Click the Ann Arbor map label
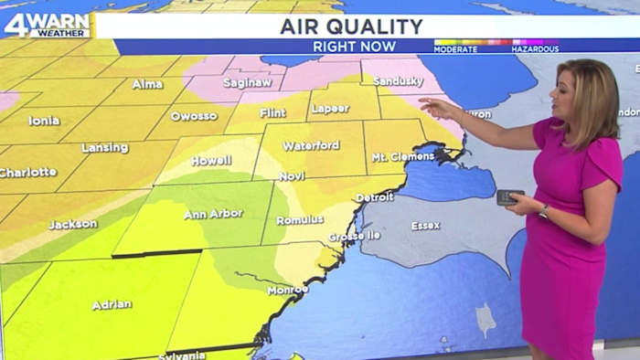pyautogui.click(x=213, y=214)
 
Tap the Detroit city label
pyautogui.click(x=374, y=196)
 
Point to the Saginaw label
pyautogui.click(x=249, y=83)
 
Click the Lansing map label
pyautogui.click(x=105, y=147)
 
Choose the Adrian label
pyautogui.click(x=112, y=305)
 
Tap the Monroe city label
pyautogui.click(x=287, y=290)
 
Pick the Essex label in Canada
pyautogui.click(x=425, y=225)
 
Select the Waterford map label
pyautogui.click(x=311, y=145)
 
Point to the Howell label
pyautogui.click(x=210, y=161)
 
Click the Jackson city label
pyautogui.click(x=73, y=224)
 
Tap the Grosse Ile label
pyautogui.click(x=354, y=236)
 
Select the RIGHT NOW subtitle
pyautogui.click(x=355, y=46)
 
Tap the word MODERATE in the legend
pyautogui.click(x=456, y=48)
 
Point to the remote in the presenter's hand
pyautogui.click(x=509, y=196)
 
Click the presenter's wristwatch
pyautogui.click(x=544, y=211)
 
